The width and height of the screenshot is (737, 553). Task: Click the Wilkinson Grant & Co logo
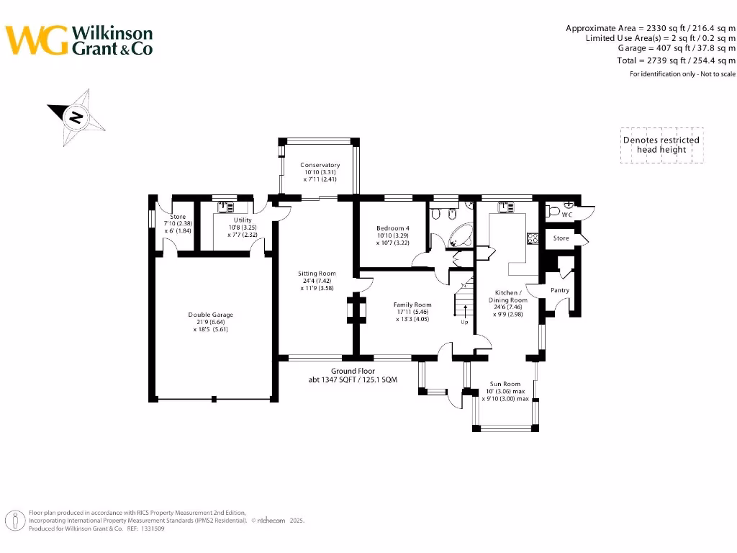point(79,40)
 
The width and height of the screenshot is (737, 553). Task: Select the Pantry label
point(560,290)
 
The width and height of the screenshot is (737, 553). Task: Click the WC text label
point(567,215)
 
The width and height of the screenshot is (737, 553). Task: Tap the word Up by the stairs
point(465,322)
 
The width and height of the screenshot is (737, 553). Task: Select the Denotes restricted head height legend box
point(661,145)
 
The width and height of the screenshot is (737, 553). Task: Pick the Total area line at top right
point(676,60)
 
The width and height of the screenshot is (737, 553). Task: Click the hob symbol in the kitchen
point(533,238)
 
